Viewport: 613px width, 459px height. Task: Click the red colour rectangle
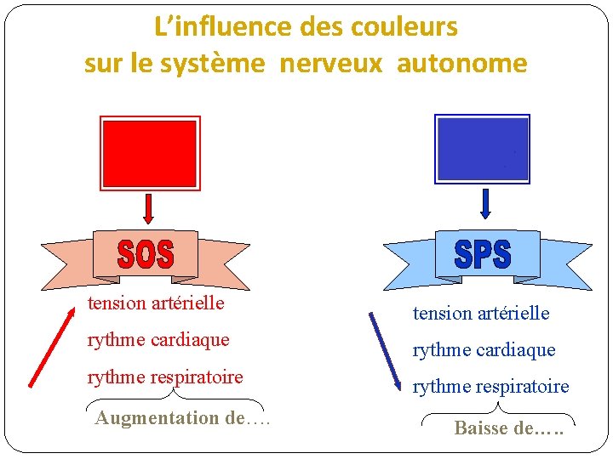tap(149, 153)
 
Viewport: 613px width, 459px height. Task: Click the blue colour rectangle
tap(482, 149)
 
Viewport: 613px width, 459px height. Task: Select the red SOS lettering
tap(146, 255)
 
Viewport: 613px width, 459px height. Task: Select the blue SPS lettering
tap(483, 254)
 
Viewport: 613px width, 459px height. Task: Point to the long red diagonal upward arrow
tap(51, 349)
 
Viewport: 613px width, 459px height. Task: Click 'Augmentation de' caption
tap(181, 417)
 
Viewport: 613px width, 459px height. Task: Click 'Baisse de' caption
tap(508, 428)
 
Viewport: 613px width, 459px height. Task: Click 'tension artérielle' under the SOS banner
tap(156, 303)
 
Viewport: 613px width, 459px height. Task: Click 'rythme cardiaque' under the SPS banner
tap(484, 349)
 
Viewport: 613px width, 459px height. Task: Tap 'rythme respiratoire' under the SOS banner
tap(165, 377)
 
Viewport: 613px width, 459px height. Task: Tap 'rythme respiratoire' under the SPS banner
tap(491, 387)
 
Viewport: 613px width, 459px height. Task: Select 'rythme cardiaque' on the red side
tap(158, 339)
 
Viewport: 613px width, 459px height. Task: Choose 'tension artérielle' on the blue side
tap(481, 313)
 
